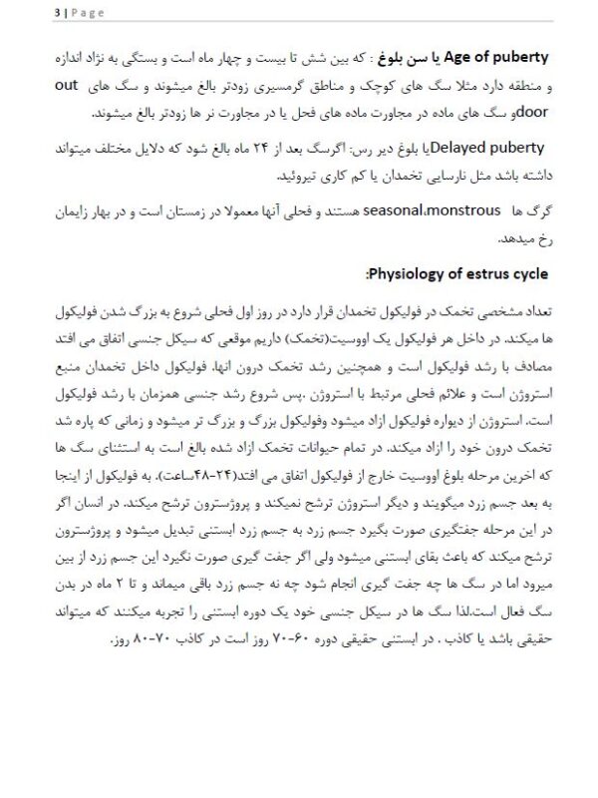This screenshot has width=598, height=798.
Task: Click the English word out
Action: [x=537, y=86]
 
